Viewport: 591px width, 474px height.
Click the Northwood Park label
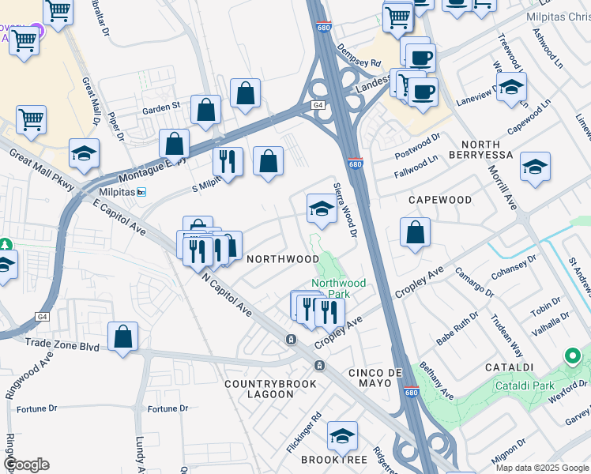[x=338, y=288]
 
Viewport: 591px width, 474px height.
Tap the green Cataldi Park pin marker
[x=573, y=357]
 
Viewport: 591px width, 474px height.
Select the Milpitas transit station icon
[x=141, y=192]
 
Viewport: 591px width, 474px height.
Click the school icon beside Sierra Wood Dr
[x=322, y=208]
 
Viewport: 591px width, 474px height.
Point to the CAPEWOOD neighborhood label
[x=439, y=201]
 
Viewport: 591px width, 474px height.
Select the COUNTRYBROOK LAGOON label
[x=270, y=389]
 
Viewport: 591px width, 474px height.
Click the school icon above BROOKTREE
[x=341, y=435]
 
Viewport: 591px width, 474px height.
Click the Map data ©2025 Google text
[x=542, y=468]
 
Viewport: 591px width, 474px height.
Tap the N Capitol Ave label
[x=226, y=295]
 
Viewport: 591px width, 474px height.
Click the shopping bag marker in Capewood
[x=415, y=233]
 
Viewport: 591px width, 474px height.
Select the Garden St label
[x=161, y=104]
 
